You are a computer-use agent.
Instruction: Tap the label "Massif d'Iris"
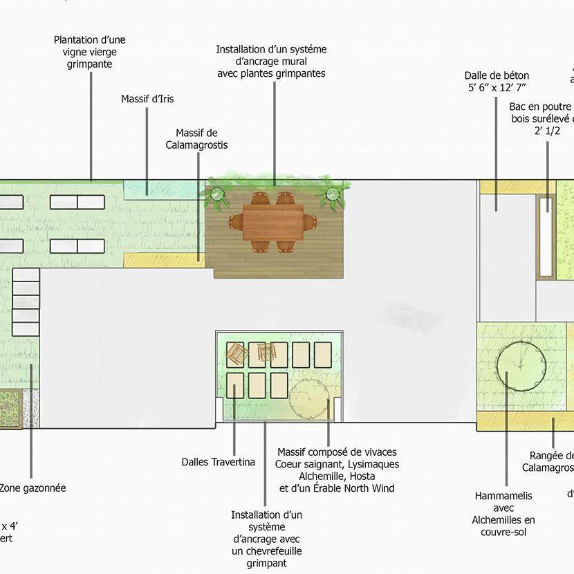(x=147, y=99)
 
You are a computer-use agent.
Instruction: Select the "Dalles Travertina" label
(x=219, y=462)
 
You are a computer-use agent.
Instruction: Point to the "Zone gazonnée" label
(x=33, y=488)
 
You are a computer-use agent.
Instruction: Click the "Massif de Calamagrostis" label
(x=196, y=139)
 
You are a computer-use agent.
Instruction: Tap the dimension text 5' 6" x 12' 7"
(x=497, y=88)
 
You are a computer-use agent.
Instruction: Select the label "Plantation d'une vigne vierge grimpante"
(x=90, y=52)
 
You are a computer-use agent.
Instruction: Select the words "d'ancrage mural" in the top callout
(x=271, y=62)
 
